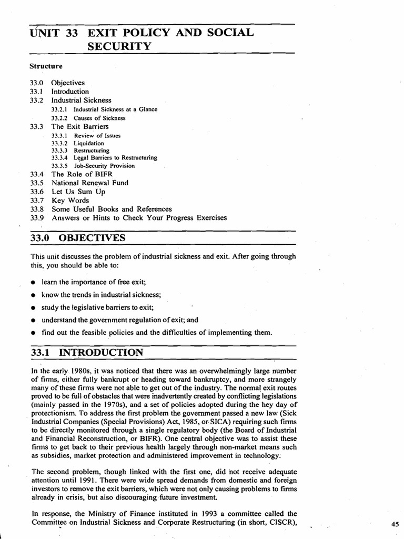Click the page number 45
pos(396,524)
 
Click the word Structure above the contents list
pos(46,66)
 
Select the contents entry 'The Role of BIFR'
pos(82,174)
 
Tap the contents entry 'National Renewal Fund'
pos(89,183)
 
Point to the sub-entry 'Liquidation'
pos(89,143)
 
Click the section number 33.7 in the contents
pos(37,201)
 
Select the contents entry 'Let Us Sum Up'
pos(78,192)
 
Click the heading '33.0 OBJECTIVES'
pos(78,238)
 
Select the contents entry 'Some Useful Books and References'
pos(112,209)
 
